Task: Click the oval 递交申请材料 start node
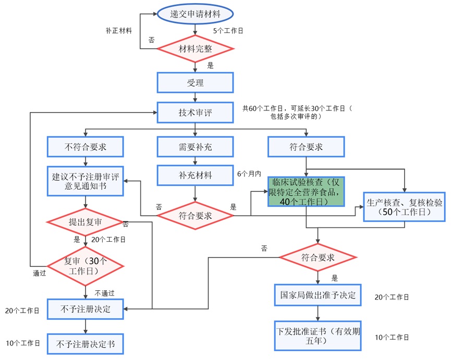195,14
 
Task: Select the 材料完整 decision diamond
195,49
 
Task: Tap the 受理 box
195,82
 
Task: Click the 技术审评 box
195,112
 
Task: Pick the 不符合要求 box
86,146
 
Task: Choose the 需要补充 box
195,146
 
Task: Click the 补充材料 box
195,175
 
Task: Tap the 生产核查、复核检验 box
405,207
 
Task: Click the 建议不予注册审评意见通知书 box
86,181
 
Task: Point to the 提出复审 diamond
86,222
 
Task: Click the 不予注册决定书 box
86,344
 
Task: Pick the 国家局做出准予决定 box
318,295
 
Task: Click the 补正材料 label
118,30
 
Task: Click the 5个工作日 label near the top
228,31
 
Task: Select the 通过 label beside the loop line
40,272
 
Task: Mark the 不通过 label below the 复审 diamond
104,292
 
